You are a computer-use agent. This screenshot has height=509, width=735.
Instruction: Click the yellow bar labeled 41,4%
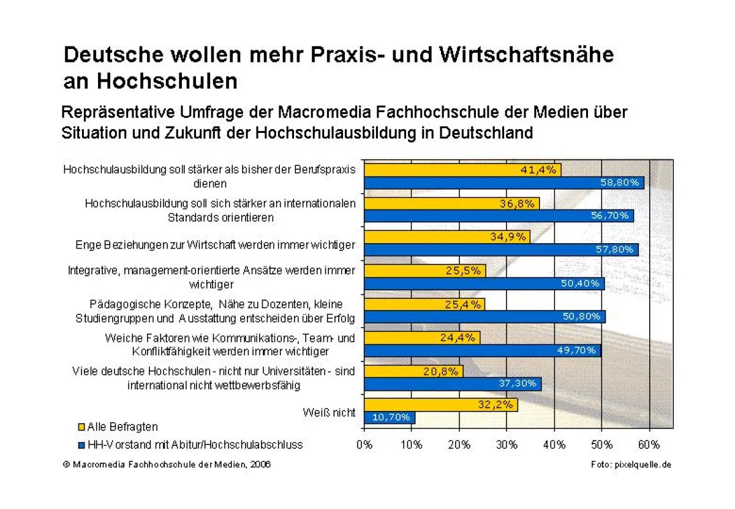click(x=462, y=170)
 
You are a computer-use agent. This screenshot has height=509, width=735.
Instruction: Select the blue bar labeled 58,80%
click(x=503, y=183)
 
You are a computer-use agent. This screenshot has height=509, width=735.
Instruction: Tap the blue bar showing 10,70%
click(x=390, y=418)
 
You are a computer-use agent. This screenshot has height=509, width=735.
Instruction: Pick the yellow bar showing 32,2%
click(x=440, y=405)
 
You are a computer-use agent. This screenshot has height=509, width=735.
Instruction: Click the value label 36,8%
click(x=516, y=204)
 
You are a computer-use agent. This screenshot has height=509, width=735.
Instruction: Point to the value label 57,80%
click(x=617, y=250)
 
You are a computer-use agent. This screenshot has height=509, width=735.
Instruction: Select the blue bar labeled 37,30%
click(x=453, y=384)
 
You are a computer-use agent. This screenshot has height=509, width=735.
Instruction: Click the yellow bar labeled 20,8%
click(x=413, y=371)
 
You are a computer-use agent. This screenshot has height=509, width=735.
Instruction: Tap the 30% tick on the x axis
click(x=507, y=445)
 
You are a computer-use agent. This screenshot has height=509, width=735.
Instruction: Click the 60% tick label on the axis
click(x=649, y=445)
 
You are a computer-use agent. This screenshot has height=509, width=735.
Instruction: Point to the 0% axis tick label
click(x=364, y=445)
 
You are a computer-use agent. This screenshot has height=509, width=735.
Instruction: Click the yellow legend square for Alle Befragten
click(x=81, y=427)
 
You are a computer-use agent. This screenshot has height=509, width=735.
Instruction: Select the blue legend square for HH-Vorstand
click(x=81, y=445)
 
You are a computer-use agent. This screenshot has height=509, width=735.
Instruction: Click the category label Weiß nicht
click(x=329, y=412)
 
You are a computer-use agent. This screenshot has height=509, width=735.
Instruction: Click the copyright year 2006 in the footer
click(x=260, y=465)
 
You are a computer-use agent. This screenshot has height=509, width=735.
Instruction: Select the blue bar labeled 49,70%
click(x=482, y=350)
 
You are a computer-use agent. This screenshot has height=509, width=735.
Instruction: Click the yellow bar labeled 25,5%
click(x=424, y=271)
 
